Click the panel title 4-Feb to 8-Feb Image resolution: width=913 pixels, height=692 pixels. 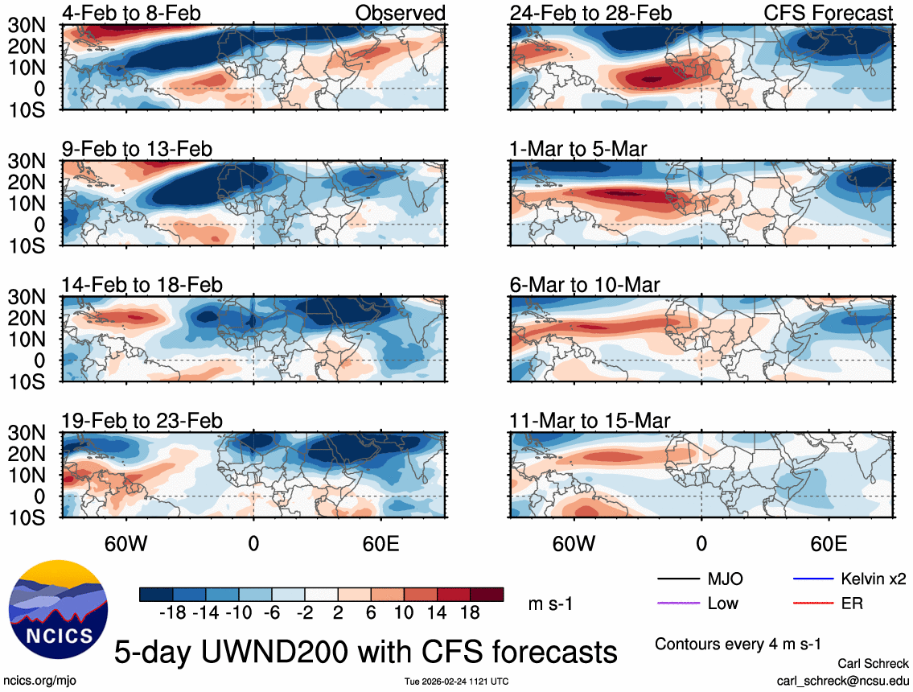click(x=132, y=13)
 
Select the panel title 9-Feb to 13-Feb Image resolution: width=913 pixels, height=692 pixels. click(x=137, y=149)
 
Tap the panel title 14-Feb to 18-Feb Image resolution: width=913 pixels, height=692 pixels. click(x=142, y=285)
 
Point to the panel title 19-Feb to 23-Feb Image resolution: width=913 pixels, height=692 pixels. click(x=142, y=421)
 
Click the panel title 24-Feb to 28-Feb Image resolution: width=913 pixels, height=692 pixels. click(x=590, y=13)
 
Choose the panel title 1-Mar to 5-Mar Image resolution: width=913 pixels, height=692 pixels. click(x=578, y=149)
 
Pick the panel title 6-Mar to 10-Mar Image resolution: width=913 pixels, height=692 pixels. click(x=585, y=285)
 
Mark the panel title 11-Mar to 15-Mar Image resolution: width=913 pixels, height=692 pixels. click(x=590, y=421)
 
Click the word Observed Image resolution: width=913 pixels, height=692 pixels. click(x=400, y=13)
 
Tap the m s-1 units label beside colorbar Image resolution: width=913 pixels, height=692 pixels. click(x=549, y=604)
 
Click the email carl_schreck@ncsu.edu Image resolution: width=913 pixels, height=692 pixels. click(x=842, y=680)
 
